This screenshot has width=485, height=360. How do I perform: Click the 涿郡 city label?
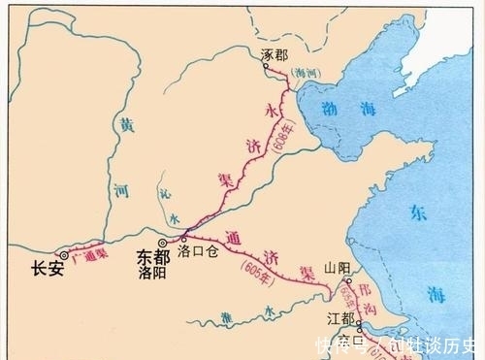[x=276, y=55]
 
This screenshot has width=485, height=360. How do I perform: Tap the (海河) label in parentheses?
[x=307, y=73]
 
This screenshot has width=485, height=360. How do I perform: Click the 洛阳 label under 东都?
[x=153, y=275]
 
